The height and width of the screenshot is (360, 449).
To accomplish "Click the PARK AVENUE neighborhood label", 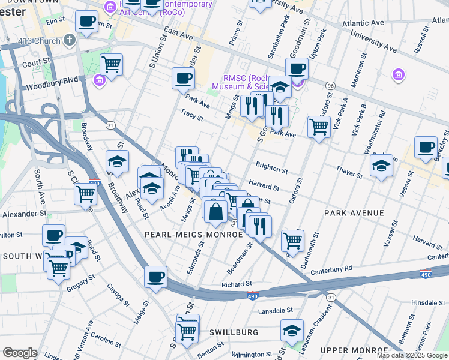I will tap(354, 213).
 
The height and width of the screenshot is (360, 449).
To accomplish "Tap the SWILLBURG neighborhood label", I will tap(234, 332).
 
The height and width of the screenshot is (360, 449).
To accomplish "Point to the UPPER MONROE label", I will tap(354, 350).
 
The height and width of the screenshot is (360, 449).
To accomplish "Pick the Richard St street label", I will tap(236, 284).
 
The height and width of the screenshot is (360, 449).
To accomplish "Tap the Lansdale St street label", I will tap(275, 311).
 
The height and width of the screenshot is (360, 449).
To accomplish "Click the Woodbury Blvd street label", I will tap(52, 79).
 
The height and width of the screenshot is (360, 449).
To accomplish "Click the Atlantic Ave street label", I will tap(362, 23).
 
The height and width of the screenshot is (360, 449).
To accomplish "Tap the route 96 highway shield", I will tap(330, 86).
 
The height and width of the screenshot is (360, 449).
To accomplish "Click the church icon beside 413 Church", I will tap(70, 41).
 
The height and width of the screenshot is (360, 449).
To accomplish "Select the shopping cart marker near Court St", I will tap(111, 64).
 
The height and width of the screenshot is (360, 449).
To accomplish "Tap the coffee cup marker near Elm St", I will tap(86, 22).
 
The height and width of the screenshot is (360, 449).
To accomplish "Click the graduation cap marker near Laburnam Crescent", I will tap(292, 331).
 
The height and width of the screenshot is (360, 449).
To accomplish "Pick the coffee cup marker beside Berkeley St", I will tap(426, 148).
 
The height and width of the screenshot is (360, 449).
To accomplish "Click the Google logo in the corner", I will tap(20, 353).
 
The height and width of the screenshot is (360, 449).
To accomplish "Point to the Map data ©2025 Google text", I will tap(411, 355).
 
